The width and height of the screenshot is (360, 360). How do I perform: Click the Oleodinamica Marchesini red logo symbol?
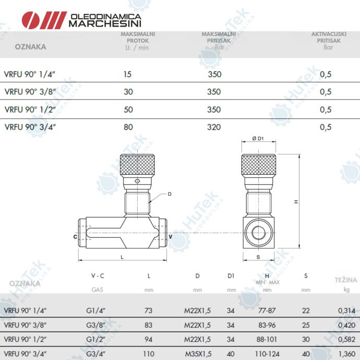click(x=44, y=20)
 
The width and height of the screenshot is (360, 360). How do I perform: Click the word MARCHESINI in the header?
click(x=105, y=23)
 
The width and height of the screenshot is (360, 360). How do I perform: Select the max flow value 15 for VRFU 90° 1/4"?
click(x=127, y=74)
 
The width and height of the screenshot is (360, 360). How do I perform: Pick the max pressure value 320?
click(x=214, y=127)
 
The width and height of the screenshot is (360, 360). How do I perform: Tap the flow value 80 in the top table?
click(x=128, y=127)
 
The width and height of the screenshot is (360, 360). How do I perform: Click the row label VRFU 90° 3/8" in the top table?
click(x=30, y=92)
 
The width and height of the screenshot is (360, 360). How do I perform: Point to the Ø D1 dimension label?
click(x=258, y=138)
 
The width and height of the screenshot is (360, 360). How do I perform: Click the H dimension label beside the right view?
click(x=296, y=201)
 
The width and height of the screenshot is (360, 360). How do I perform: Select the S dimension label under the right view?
click(x=258, y=257)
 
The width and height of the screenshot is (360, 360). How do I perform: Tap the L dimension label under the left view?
click(x=122, y=257)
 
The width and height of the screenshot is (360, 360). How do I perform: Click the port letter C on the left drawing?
click(x=75, y=237)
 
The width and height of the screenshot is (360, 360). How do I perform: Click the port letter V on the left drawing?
click(x=171, y=236)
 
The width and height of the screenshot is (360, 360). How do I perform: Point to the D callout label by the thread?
click(x=170, y=194)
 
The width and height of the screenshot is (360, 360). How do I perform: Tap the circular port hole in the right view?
click(x=259, y=232)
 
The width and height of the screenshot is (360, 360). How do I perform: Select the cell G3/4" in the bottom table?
click(x=95, y=354)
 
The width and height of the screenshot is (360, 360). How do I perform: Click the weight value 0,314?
click(x=346, y=310)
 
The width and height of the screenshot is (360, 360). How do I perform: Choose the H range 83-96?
click(x=267, y=325)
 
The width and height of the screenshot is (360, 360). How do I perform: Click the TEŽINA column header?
click(x=346, y=280)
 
